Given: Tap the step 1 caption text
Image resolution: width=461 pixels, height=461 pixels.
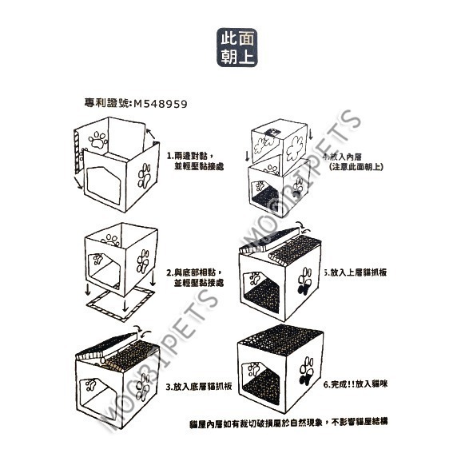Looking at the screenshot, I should [x=195, y=161].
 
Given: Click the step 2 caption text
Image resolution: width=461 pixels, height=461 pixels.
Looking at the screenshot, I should [x=195, y=277].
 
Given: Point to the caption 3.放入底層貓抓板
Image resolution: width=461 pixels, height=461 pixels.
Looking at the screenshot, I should [x=199, y=387].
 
